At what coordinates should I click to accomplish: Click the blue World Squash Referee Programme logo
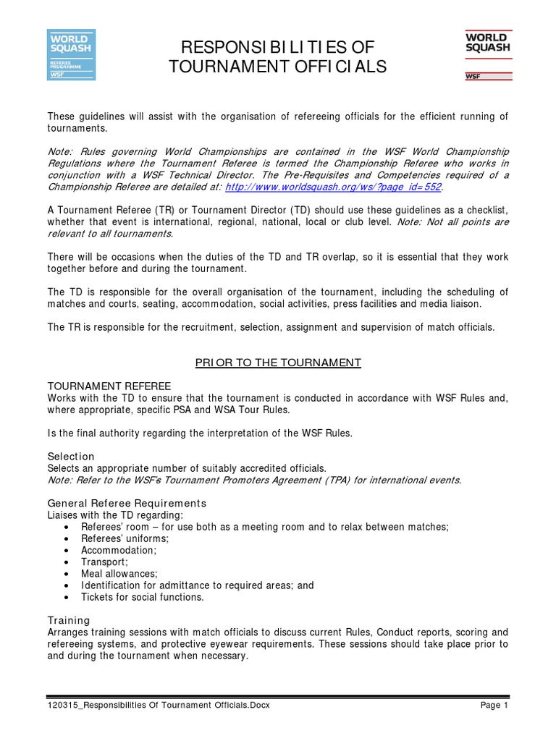(x=71, y=54)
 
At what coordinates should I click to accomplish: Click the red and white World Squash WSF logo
(x=486, y=54)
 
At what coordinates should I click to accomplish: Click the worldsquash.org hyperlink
(x=333, y=186)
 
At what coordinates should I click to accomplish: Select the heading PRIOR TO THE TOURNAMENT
(x=278, y=362)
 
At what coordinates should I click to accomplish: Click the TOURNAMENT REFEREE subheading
(x=93, y=387)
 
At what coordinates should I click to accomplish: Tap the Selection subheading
(x=71, y=456)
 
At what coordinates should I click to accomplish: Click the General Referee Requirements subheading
(x=127, y=503)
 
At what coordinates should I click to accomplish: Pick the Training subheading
(x=69, y=620)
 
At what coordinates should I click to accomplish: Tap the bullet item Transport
(x=104, y=562)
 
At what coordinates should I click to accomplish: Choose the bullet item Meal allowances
(x=117, y=574)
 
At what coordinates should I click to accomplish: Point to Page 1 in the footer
(x=495, y=706)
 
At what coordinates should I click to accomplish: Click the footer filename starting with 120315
(x=159, y=706)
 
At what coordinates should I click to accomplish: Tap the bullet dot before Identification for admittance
(x=66, y=585)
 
